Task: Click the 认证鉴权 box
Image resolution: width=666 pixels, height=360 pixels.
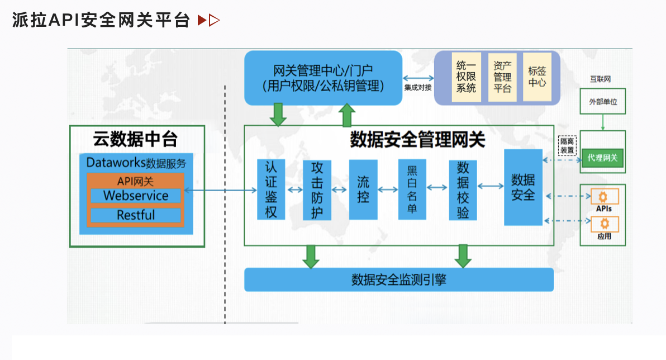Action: pyautogui.click(x=271, y=190)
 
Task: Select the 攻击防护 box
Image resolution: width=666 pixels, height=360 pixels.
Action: pyautogui.click(x=317, y=190)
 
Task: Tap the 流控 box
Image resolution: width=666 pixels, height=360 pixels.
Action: pyautogui.click(x=363, y=190)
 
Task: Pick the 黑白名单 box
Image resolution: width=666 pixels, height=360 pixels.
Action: pyautogui.click(x=412, y=190)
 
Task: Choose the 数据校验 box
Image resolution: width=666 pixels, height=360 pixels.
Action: pyautogui.click(x=463, y=190)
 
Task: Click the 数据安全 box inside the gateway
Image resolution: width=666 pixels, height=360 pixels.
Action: pyautogui.click(x=524, y=187)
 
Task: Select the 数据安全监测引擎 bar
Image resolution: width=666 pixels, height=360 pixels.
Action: pyautogui.click(x=399, y=280)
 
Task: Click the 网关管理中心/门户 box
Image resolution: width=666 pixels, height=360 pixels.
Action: pyautogui.click(x=324, y=78)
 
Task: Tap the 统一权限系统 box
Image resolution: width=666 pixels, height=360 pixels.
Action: pyautogui.click(x=466, y=77)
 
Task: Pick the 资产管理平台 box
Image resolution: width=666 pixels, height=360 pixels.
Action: pyautogui.click(x=502, y=77)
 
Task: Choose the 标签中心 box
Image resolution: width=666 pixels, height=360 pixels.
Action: pyautogui.click(x=537, y=77)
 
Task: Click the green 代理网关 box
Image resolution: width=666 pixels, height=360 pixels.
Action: pyautogui.click(x=602, y=158)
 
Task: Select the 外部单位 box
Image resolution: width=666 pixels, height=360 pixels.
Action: pyautogui.click(x=603, y=101)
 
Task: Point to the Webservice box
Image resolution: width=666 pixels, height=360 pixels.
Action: pyautogui.click(x=136, y=196)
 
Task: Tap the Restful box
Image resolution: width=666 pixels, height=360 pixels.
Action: pyautogui.click(x=136, y=215)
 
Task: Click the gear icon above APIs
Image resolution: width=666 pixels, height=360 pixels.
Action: pyautogui.click(x=603, y=197)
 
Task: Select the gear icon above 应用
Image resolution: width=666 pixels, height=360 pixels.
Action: pyautogui.click(x=605, y=224)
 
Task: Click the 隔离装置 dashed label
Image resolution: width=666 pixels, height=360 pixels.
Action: pyautogui.click(x=567, y=145)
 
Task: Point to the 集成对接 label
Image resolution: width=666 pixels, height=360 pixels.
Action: pyautogui.click(x=418, y=88)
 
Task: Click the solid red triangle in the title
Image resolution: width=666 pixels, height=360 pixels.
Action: pyautogui.click(x=202, y=20)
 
